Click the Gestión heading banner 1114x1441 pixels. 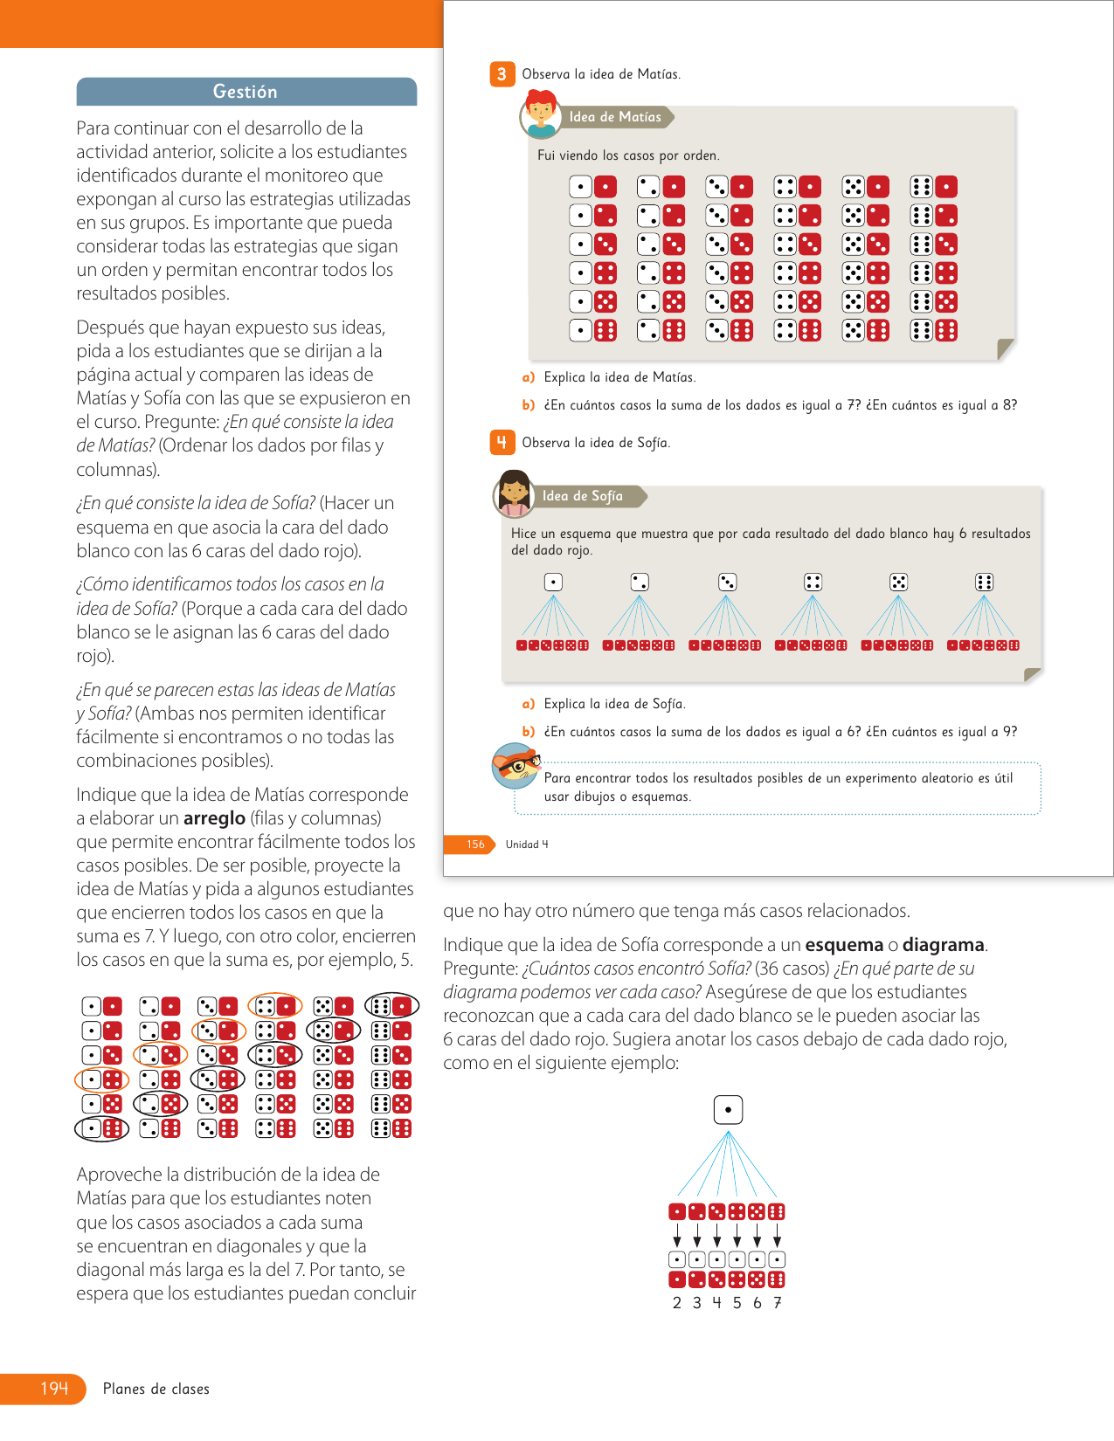tap(246, 92)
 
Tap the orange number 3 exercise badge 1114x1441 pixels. tap(502, 74)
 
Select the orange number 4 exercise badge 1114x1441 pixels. tap(502, 443)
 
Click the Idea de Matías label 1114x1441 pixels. tap(615, 117)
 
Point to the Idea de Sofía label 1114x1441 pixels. tap(583, 496)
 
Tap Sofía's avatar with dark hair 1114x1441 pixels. tap(514, 493)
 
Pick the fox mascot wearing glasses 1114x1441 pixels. tap(515, 766)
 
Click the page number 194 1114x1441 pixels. tap(53, 1389)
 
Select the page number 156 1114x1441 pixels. tap(474, 845)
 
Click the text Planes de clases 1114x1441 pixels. tap(156, 1389)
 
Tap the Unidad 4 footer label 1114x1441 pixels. tap(527, 845)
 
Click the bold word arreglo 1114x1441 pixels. tap(214, 818)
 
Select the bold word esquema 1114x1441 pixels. tap(844, 945)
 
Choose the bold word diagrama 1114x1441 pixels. tap(944, 945)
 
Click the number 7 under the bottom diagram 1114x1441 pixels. tap(778, 1303)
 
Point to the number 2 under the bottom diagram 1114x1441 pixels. tap(677, 1303)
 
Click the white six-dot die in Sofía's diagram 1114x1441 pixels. tap(984, 583)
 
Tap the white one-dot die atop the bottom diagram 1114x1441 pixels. tap(728, 1110)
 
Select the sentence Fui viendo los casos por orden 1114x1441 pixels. tap(628, 155)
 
